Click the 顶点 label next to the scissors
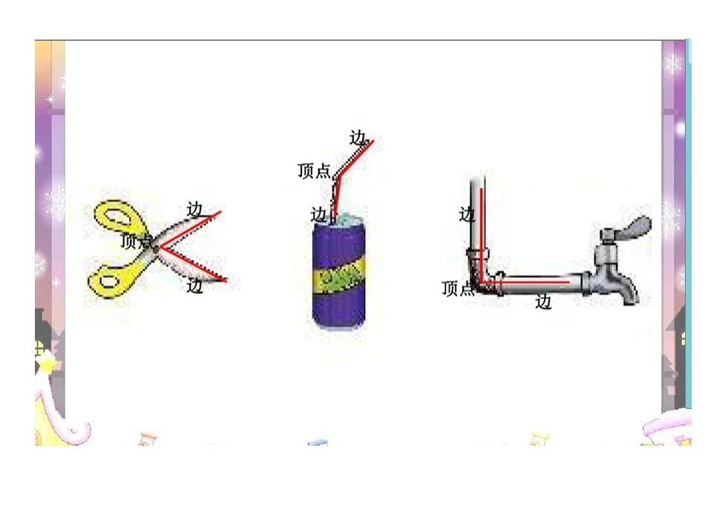137,242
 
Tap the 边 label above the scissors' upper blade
195,210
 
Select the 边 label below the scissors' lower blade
195,286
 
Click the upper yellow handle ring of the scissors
119,219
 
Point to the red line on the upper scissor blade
190,229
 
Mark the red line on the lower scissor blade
193,264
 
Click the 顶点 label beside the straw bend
314,171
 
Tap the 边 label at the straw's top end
358,137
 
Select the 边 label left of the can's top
319,214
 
